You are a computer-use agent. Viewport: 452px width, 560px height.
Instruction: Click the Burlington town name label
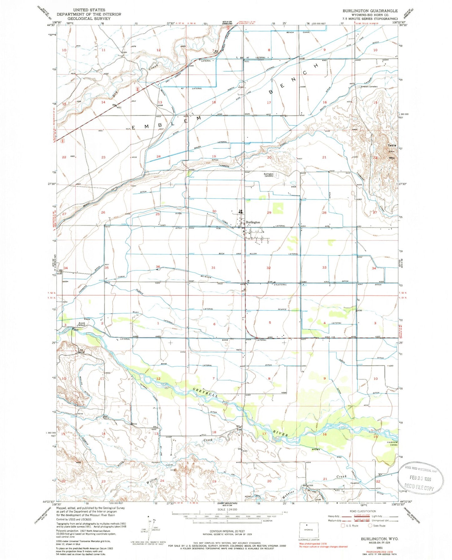coord(253,222)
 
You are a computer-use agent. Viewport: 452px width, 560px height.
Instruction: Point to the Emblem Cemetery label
coord(369,87)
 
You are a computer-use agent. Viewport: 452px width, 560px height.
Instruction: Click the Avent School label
coord(82,324)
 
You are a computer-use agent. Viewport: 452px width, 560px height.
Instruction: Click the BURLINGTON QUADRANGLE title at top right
coord(370,11)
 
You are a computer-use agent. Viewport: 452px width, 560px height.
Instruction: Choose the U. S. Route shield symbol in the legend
coord(343,526)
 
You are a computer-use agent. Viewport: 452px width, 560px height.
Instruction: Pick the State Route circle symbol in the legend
coord(370,526)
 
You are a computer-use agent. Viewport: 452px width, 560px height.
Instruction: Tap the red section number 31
coord(213,268)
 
